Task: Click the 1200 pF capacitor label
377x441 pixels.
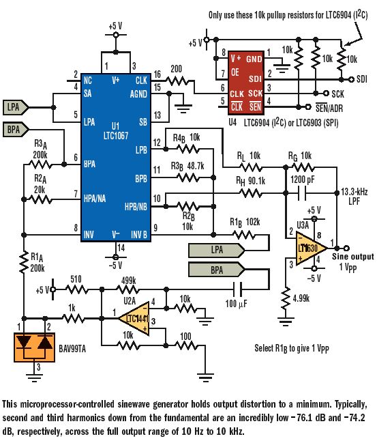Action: click(x=303, y=178)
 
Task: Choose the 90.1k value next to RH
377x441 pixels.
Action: click(x=258, y=182)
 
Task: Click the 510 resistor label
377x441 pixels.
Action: click(x=76, y=280)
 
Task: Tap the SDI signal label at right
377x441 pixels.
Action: click(x=361, y=80)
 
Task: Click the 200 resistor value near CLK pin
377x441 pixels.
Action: click(x=175, y=70)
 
